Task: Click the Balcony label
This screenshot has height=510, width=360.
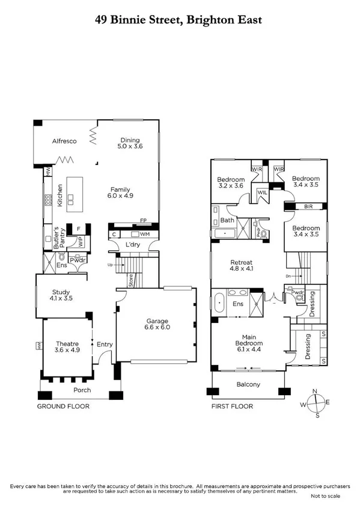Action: point(248,384)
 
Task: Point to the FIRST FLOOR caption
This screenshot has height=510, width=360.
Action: point(232,407)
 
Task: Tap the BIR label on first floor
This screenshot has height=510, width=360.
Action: point(308,206)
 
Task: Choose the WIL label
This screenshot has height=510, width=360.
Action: point(262,193)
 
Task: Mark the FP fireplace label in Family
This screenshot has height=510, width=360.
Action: point(144,220)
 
